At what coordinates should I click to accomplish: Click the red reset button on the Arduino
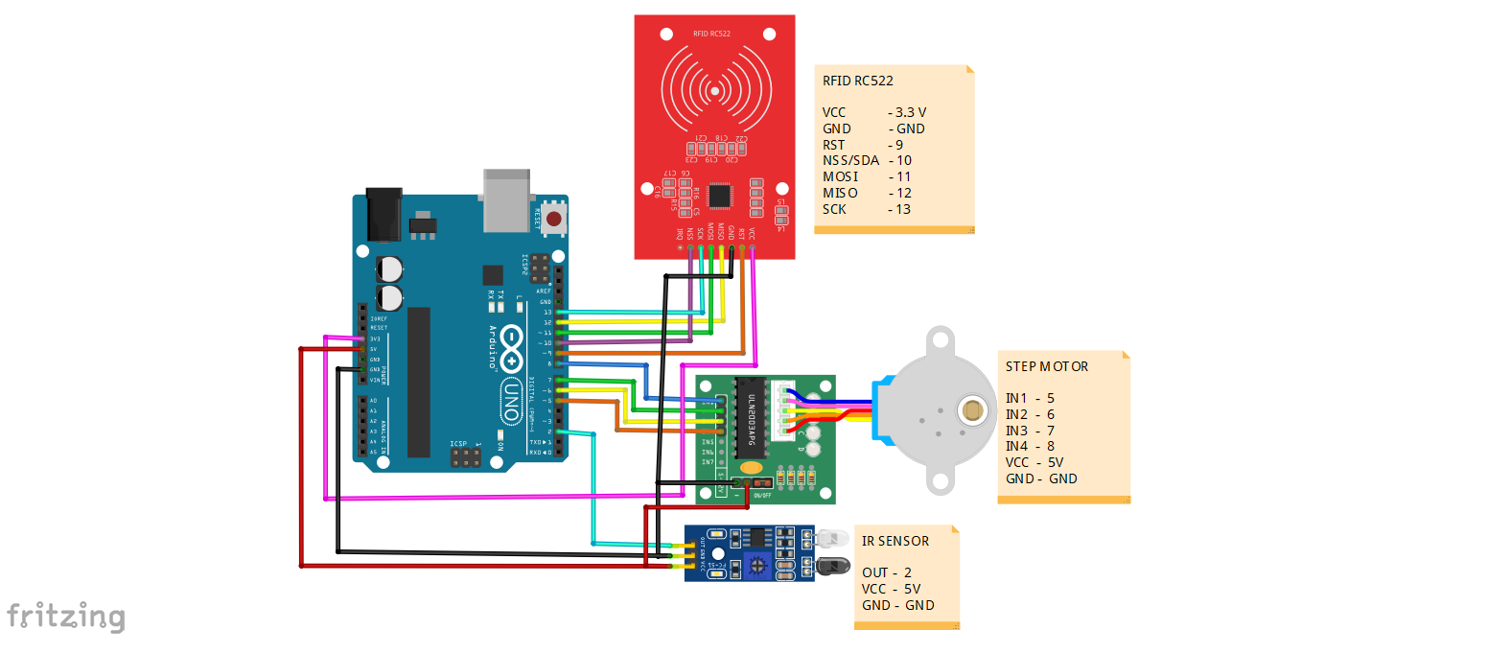click(x=553, y=218)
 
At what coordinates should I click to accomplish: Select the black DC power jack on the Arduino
click(x=383, y=215)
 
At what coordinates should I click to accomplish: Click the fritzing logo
click(x=65, y=616)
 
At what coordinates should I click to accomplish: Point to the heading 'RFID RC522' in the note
click(x=858, y=81)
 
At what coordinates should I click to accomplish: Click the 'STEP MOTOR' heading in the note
click(x=1047, y=366)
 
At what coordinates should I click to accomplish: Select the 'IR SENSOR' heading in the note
click(x=895, y=541)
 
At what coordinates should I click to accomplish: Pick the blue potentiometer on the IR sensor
click(x=756, y=567)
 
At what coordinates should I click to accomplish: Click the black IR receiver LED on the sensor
click(x=831, y=566)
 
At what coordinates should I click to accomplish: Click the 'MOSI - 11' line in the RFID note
click(x=867, y=176)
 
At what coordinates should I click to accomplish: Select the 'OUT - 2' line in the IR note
click(x=886, y=572)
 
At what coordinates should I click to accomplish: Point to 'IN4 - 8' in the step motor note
click(x=1030, y=446)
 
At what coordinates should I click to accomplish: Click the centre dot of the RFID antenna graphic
click(x=714, y=91)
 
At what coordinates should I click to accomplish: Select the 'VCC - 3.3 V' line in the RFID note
click(x=873, y=112)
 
